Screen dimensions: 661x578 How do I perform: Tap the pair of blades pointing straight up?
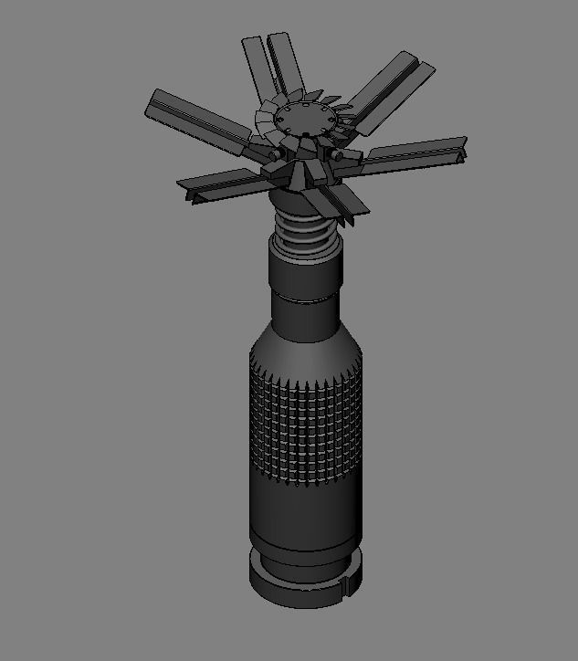(270, 64)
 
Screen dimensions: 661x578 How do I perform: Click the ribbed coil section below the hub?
(307, 228)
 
